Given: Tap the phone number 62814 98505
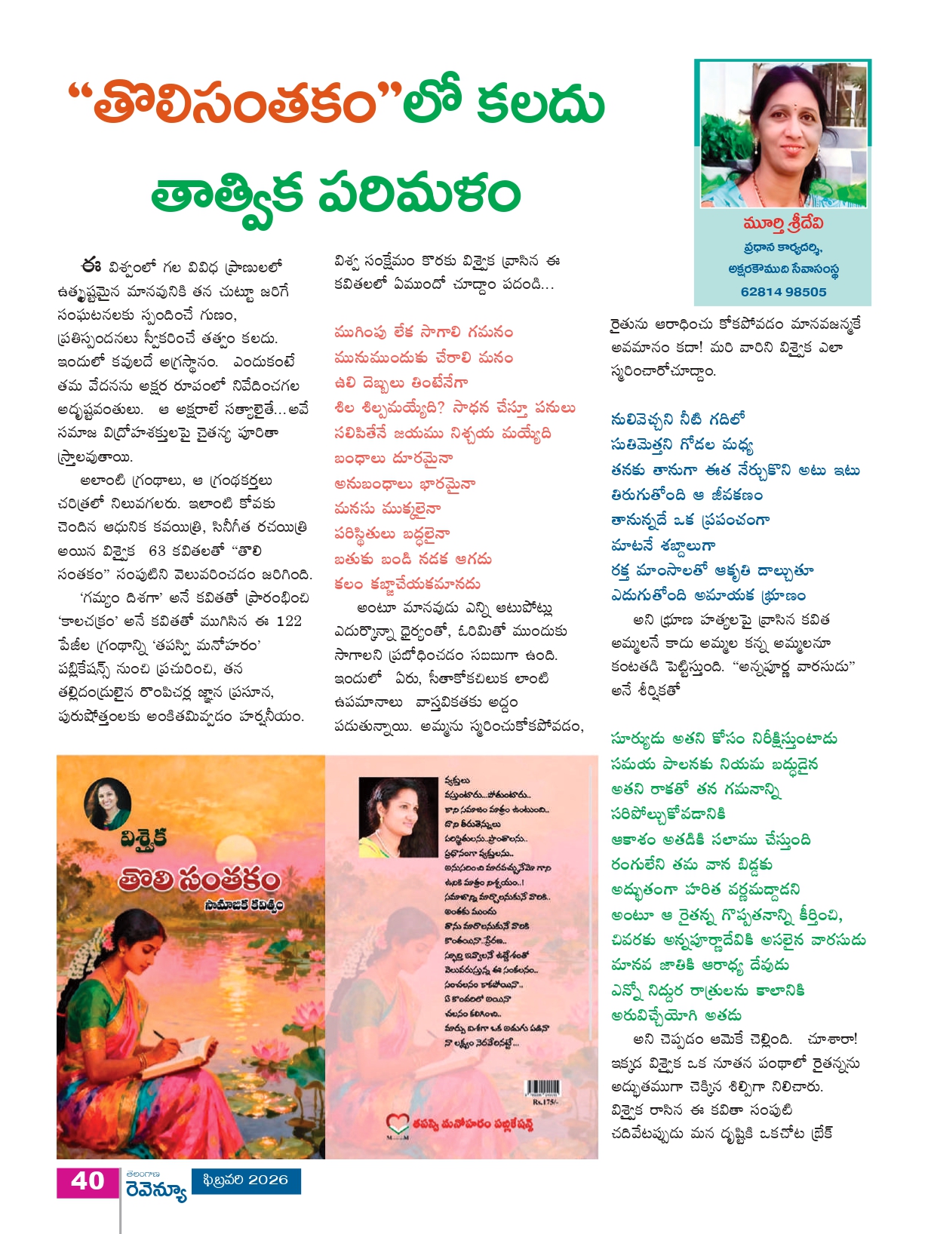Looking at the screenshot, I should pyautogui.click(x=783, y=292).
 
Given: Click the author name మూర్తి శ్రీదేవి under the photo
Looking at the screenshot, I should pyautogui.click(x=782, y=224).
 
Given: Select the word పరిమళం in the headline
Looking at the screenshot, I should pyautogui.click(x=419, y=194).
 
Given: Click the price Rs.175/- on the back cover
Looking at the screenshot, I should pyautogui.click(x=543, y=1103).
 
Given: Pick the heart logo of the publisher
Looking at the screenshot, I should pyautogui.click(x=397, y=1122).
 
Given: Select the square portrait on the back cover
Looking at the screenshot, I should pyautogui.click(x=397, y=816).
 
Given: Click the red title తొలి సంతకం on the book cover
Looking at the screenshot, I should pyautogui.click(x=198, y=880).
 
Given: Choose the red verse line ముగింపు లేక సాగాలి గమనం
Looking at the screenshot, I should pyautogui.click(x=423, y=333).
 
